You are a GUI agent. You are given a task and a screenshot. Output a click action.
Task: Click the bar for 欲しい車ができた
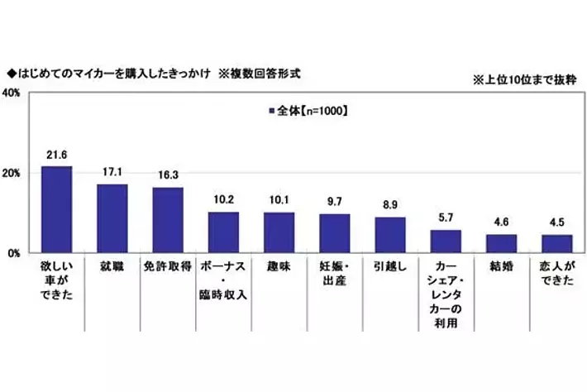pos(56,210)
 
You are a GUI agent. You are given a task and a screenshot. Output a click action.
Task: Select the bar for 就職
pos(112,219)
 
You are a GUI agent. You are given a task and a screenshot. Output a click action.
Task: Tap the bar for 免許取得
pos(167,221)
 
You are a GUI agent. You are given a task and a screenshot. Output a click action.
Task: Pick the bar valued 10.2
pos(223,232)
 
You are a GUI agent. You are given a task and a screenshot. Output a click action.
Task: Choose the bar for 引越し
pos(390,236)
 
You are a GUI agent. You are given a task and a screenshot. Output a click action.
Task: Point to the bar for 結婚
pos(501,244)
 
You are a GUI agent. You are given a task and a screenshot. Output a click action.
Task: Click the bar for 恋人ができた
pos(556,244)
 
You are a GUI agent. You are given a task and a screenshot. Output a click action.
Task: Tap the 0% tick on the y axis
pos(14,253)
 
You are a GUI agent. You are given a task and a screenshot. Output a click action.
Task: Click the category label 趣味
pos(279,270)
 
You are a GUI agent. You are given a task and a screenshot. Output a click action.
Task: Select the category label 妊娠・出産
pos(334,277)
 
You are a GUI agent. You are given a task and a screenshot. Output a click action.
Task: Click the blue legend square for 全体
pos(270,109)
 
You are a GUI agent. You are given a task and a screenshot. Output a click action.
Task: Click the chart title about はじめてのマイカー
pos(154,72)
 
